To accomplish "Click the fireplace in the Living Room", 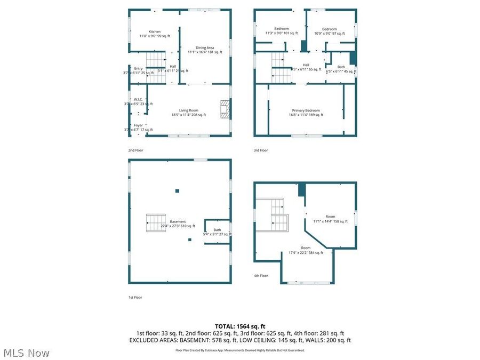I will [x=226, y=109].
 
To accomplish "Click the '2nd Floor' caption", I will [x=135, y=150].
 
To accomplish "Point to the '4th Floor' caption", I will [x=261, y=276].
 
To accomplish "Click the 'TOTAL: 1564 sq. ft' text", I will [x=239, y=326].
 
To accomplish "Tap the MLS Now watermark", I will [x=27, y=353].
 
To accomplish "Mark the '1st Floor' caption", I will [x=135, y=297].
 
